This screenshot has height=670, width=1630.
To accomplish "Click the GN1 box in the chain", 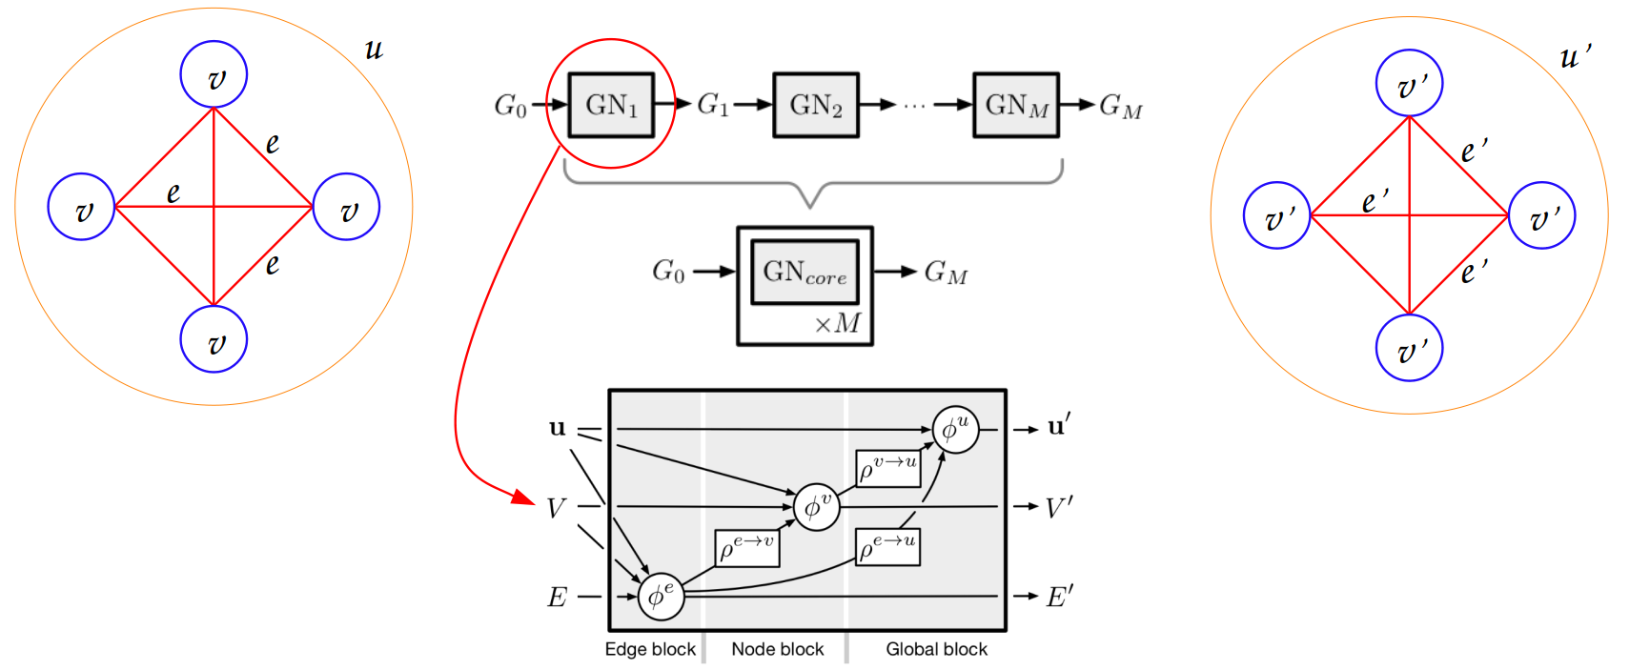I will point(611,105).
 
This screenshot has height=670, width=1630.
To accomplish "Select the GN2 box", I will point(816,105).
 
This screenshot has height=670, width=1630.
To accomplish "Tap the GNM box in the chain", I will point(1016,105).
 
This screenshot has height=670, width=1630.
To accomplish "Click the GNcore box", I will point(805,273).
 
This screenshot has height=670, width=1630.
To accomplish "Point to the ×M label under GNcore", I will point(838,324).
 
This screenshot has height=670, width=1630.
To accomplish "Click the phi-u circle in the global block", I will point(955,430).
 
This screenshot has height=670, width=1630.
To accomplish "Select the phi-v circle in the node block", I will point(817,507).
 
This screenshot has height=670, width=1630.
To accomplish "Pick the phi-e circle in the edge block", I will point(661,597).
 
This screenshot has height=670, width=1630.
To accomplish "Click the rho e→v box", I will point(747,548).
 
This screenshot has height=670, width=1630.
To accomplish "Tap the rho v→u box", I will point(887,468).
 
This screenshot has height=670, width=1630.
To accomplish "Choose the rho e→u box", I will point(887,547).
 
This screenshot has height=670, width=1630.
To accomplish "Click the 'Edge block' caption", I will point(650,649).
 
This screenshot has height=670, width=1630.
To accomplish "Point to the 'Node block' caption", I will point(778,649).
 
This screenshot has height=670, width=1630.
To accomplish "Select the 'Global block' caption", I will point(936,649).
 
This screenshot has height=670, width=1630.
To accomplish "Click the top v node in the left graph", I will point(214,74).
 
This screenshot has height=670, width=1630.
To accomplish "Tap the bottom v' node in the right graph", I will point(1409,348).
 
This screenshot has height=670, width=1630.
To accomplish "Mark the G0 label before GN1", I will point(510,105).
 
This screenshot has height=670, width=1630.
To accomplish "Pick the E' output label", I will point(1059,598).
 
